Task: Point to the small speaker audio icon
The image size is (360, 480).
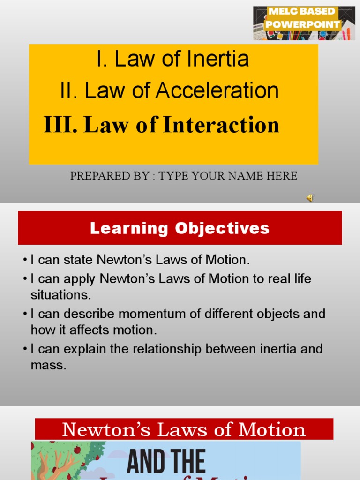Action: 309,198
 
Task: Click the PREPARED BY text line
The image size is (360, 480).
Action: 183,176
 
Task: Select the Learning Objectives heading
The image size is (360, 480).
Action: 180,228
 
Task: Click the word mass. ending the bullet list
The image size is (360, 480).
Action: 48,366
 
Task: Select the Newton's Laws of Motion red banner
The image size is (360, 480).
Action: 184,429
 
